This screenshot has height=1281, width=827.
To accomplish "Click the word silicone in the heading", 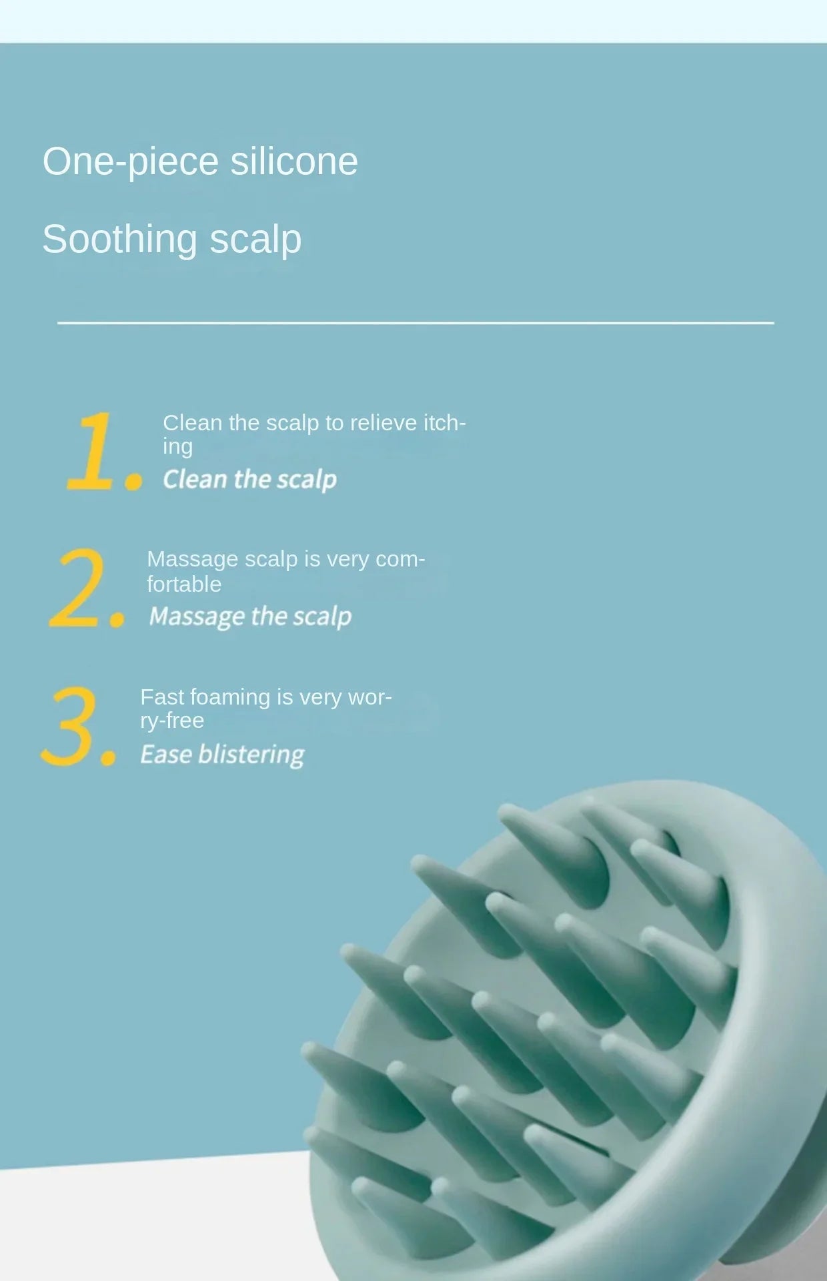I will [293, 161].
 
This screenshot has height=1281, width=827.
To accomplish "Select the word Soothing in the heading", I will [119, 239].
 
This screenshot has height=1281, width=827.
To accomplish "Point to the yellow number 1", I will [92, 451].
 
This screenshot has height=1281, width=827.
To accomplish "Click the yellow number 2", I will [78, 588].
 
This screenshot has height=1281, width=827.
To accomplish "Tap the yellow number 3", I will [70, 726].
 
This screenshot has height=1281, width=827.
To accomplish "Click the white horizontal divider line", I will [415, 323].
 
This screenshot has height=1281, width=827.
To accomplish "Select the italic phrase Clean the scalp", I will [249, 479].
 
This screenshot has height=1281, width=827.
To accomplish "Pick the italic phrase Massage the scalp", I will [250, 616].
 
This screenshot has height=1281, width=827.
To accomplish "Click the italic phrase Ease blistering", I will [222, 755].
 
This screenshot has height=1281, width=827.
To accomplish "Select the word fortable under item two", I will [183, 584].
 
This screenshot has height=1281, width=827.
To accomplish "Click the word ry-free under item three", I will [171, 721].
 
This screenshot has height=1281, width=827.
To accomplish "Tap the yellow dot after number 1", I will [134, 480].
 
